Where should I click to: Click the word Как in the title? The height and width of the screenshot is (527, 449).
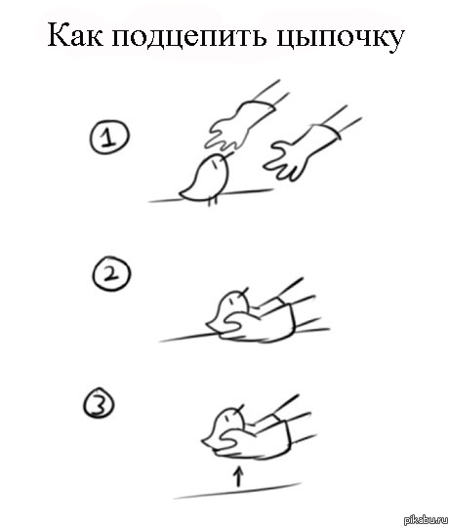tap(75, 35)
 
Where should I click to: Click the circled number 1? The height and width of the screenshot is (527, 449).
tap(109, 138)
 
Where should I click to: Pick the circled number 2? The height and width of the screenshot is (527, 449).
tap(111, 272)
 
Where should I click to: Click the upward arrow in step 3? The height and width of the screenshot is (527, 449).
tap(238, 475)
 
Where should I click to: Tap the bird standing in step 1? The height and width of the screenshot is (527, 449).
tap(206, 179)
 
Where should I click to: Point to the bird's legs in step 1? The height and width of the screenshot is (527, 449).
tap(213, 200)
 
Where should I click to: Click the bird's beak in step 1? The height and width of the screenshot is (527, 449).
tap(227, 154)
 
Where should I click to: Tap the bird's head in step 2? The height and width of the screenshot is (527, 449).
tap(235, 302)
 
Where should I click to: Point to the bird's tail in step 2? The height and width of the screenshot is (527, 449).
tap(213, 325)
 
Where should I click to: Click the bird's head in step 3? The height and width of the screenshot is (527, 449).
tap(231, 419)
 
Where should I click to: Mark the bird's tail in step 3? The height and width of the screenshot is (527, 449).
tap(208, 442)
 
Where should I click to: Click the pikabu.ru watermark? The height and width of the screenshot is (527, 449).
tap(426, 520)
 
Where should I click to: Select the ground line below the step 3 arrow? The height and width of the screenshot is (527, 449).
tap(237, 491)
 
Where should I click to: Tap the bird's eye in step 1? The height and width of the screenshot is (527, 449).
tap(214, 163)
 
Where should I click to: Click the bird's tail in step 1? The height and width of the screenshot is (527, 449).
tap(185, 193)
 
